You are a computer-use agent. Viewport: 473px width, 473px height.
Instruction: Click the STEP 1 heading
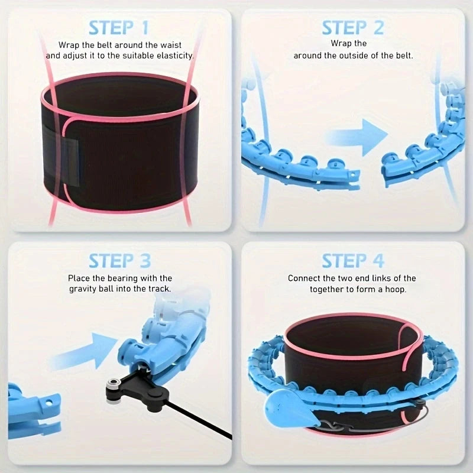pos(119,28)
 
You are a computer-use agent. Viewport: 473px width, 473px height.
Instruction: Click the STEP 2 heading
pos(352,28)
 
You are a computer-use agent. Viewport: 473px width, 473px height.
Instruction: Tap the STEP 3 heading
pos(120,261)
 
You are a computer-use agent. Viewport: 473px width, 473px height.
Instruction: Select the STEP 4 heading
pos(353,261)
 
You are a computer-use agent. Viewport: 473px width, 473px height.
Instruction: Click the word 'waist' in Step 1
pos(171,46)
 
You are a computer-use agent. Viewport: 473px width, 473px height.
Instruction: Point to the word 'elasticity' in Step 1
pos(174,56)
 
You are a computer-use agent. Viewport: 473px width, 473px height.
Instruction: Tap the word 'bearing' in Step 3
pos(124,278)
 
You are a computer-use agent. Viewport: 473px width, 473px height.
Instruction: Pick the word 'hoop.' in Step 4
pos(396,290)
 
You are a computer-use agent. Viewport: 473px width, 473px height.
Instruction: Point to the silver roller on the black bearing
pos(114,384)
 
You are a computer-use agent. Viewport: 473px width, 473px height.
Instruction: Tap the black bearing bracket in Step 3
pos(137,388)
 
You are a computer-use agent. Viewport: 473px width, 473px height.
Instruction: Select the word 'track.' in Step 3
pos(160,289)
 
